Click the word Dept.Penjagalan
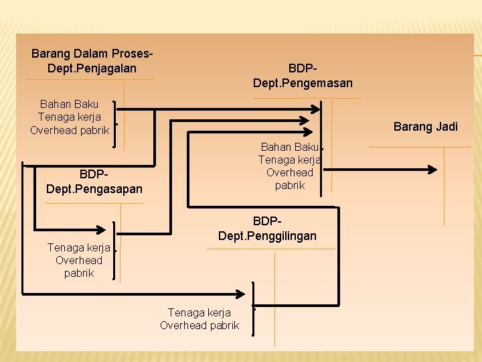pyautogui.click(x=92, y=68)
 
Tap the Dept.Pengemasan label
pyautogui.click(x=303, y=83)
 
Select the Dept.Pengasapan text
pyautogui.click(x=94, y=189)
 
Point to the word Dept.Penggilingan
pyautogui.click(x=267, y=235)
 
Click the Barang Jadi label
pyautogui.click(x=426, y=127)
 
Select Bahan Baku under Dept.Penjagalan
pyautogui.click(x=69, y=104)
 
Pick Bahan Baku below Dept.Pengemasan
pyautogui.click(x=289, y=147)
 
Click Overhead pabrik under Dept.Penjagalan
pyautogui.click(x=70, y=130)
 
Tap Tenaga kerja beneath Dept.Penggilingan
pyautogui.click(x=199, y=312)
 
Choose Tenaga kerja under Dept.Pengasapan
pyautogui.click(x=78, y=247)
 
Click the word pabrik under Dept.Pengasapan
pyautogui.click(x=79, y=273)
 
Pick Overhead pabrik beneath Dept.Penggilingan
pyautogui.click(x=199, y=325)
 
